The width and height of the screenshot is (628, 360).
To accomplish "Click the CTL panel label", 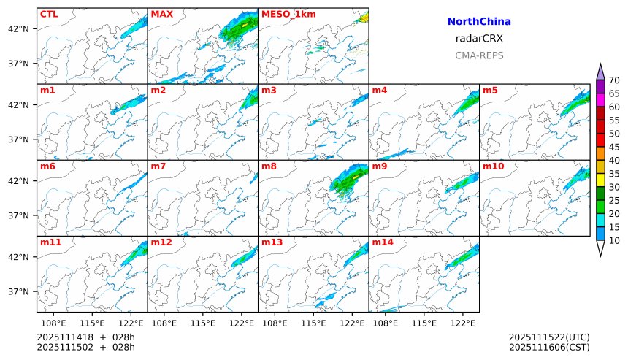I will pyautogui.click(x=49, y=14).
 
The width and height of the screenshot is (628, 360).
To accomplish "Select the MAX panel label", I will pyautogui.click(x=161, y=14).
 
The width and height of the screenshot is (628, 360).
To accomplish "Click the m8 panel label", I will pyautogui.click(x=269, y=166).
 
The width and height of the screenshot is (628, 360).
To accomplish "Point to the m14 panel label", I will pyautogui.click(x=382, y=242).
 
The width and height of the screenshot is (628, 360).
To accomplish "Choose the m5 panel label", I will pyautogui.click(x=490, y=91).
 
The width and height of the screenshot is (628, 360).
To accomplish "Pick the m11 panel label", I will pyautogui.click(x=50, y=242).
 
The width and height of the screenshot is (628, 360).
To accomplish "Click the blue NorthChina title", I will pyautogui.click(x=479, y=23).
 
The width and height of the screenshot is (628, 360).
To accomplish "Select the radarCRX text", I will pyautogui.click(x=479, y=39).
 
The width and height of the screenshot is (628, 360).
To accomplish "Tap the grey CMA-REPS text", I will pyautogui.click(x=479, y=55).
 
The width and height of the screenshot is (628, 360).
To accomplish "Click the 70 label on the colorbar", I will pyautogui.click(x=614, y=80).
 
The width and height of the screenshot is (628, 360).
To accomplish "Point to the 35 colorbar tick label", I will pyautogui.click(x=614, y=174).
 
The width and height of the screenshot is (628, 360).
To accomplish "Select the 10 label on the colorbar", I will pyautogui.click(x=614, y=240).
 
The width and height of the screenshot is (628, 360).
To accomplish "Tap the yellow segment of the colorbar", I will pyautogui.click(x=600, y=180).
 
